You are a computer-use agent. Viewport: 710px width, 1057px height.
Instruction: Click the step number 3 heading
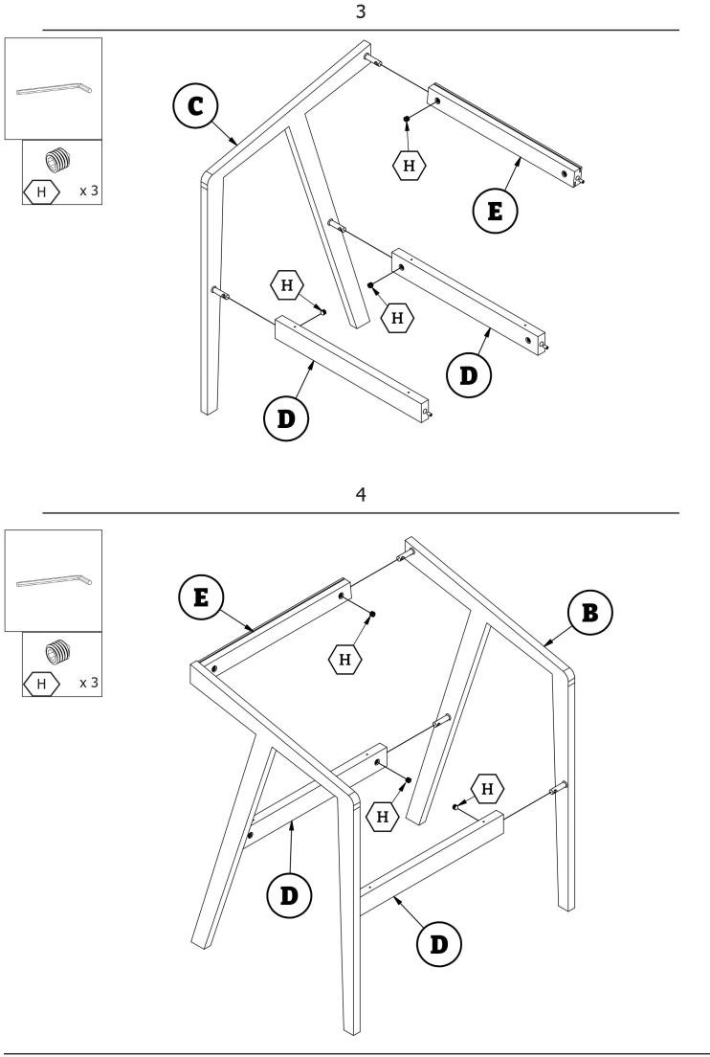(360, 12)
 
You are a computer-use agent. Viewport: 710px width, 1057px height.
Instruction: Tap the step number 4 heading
(360, 496)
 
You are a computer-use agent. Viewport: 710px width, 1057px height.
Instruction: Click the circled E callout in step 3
(495, 211)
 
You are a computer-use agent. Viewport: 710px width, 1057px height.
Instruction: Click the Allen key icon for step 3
(54, 88)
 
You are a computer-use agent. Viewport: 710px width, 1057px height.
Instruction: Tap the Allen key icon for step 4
(54, 580)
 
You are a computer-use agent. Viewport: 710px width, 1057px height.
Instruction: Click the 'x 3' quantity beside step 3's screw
(89, 191)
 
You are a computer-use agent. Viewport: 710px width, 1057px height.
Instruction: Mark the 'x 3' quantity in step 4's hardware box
(89, 683)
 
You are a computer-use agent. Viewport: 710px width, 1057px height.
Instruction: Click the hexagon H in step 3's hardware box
(41, 191)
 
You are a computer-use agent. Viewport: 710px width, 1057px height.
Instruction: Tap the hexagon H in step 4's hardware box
(41, 683)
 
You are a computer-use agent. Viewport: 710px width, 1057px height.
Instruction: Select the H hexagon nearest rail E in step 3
(410, 166)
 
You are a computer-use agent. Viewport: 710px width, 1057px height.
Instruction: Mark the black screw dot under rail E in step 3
(407, 120)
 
